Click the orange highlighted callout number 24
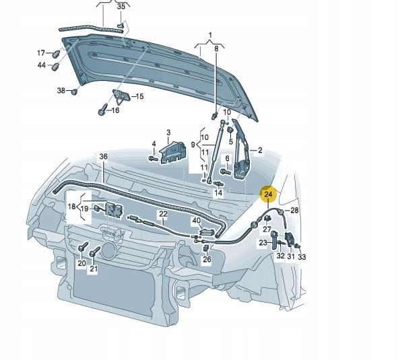coord(269,194)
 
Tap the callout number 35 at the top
coord(121,6)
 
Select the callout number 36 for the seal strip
coord(103,157)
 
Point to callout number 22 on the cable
coord(163,215)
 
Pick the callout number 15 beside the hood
coord(140,96)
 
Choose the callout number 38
coord(61,91)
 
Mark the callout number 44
coord(42,65)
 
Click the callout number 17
coord(40,53)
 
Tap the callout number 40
coord(197,220)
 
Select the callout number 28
coord(294,211)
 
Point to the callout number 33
coord(302,256)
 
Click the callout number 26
coord(207,259)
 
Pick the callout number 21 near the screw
coord(94,270)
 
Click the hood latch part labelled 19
coord(112,211)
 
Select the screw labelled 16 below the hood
coord(102,108)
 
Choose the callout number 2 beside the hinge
coord(260,150)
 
